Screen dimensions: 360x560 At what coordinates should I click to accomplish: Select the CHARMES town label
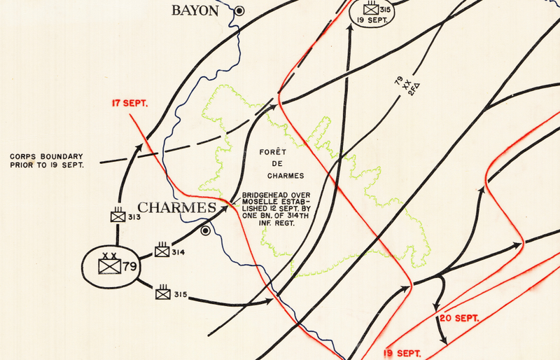click(x=176, y=208)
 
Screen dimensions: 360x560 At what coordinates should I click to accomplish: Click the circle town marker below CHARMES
click(x=206, y=230)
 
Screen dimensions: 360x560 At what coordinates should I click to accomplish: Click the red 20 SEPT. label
click(x=459, y=318)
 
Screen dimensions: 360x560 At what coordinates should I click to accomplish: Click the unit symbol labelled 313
click(x=118, y=216)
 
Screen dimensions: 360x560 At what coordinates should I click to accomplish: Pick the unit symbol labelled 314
click(x=162, y=250)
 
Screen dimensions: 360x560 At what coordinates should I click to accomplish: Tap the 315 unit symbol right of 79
click(x=162, y=293)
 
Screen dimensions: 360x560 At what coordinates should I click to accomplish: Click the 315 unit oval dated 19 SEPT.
click(x=372, y=12)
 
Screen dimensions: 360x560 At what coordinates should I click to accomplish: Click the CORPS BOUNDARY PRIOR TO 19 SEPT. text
click(x=47, y=160)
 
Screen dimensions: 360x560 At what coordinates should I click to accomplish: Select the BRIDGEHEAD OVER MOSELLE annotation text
click(x=275, y=210)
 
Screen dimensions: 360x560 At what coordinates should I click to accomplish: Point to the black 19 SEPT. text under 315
click(x=372, y=20)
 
